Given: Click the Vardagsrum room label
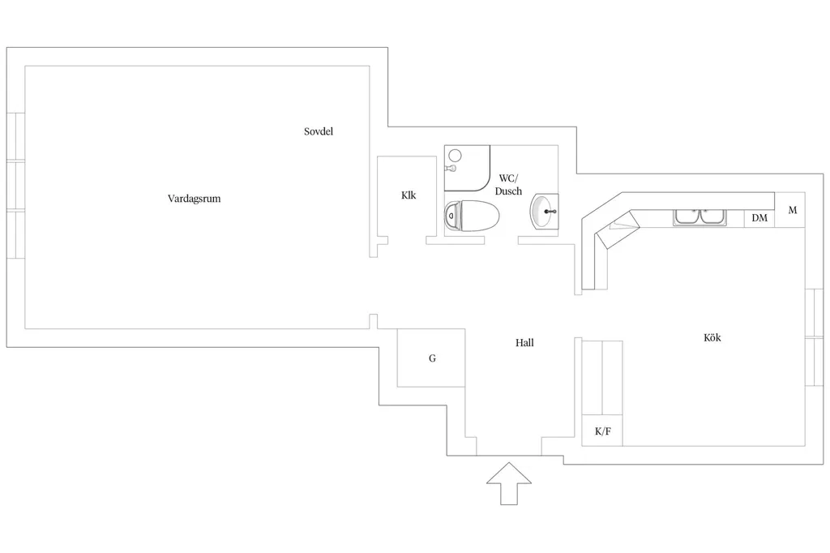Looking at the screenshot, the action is tap(194, 199).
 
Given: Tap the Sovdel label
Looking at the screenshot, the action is tap(318, 131).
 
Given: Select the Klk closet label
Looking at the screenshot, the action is tap(409, 195).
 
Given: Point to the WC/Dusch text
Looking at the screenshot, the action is tap(508, 184).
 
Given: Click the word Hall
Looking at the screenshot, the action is tap(524, 343).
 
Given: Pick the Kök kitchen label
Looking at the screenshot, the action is tap(712, 337).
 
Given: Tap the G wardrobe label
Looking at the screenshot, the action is tap(432, 358).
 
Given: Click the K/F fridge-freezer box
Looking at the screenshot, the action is tap(602, 430).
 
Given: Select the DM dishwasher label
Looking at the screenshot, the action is tap(759, 217).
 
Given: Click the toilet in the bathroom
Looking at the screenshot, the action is tap(473, 216).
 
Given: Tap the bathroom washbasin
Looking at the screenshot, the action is tap(544, 212).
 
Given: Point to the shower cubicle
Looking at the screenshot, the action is tap(467, 168).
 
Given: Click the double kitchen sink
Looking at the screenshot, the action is tap(700, 217).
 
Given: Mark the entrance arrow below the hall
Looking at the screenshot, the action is tap(509, 483).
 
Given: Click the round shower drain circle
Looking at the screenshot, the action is tap(455, 156).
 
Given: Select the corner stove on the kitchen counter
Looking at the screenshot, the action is tap(617, 229).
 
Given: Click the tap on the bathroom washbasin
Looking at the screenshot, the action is tap(550, 212).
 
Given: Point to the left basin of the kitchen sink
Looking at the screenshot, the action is tap(687, 217).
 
